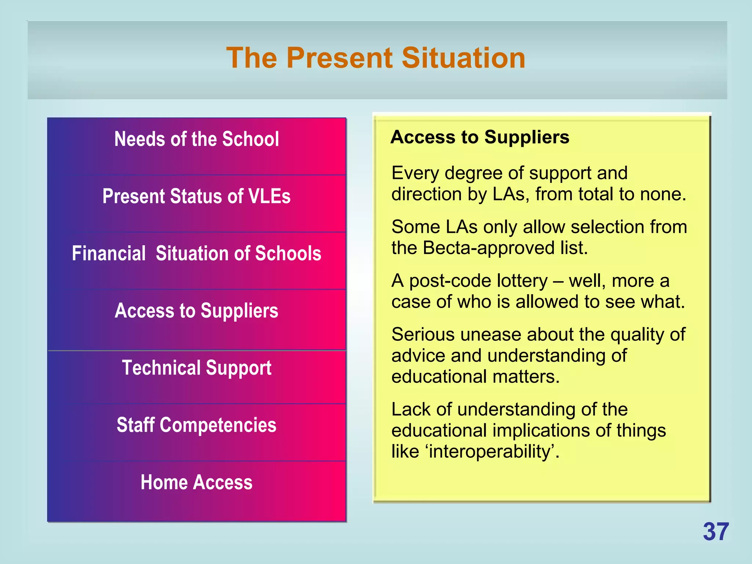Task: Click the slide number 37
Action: coord(716,532)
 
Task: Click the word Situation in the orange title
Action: coord(463,58)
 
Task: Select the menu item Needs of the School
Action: coord(196,139)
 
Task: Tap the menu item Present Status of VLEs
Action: coord(196,196)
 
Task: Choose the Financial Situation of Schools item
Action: coord(196,253)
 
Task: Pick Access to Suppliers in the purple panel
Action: coord(196,311)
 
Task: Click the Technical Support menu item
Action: coord(196,368)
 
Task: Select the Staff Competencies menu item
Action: coord(196,425)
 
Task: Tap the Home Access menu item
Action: coord(196,482)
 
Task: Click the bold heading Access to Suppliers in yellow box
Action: coord(480,137)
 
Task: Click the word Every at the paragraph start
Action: coord(415,173)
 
